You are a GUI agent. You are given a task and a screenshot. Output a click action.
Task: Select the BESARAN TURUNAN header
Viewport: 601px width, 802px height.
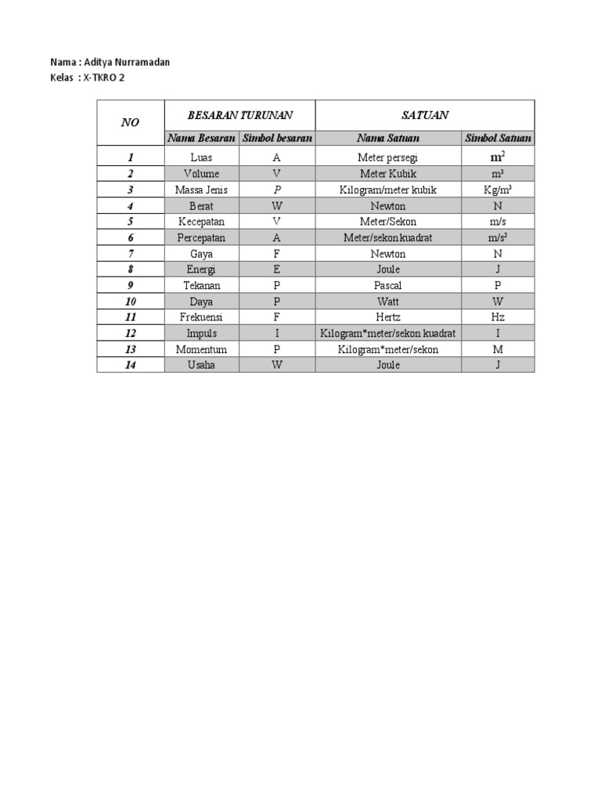tap(239, 115)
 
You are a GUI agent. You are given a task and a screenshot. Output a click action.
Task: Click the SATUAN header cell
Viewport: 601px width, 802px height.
tap(425, 115)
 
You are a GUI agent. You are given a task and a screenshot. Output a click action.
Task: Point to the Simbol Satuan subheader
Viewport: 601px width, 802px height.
tap(498, 138)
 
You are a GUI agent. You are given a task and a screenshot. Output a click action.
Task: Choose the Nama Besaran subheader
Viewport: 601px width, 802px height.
tap(201, 138)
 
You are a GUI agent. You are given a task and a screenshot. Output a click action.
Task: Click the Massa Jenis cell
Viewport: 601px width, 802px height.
tap(201, 190)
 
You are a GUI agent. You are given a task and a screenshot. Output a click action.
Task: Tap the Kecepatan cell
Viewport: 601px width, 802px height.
tap(201, 222)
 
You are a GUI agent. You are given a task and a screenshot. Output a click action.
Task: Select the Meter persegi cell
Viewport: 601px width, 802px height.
tap(388, 157)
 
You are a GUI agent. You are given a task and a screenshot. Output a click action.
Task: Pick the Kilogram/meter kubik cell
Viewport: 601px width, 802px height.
tap(388, 190)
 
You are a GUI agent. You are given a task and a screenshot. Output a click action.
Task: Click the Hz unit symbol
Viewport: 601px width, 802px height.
tap(498, 317)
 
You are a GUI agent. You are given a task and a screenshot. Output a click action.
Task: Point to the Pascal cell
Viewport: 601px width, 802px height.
tap(388, 285)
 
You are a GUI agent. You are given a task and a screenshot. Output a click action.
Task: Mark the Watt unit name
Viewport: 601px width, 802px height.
tap(388, 302)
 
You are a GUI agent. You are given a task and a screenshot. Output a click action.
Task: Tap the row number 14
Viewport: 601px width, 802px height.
tap(130, 365)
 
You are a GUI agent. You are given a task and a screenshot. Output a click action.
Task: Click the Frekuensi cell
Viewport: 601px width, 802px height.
tap(201, 317)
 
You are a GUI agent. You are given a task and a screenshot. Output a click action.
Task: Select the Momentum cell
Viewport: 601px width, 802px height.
tap(201, 349)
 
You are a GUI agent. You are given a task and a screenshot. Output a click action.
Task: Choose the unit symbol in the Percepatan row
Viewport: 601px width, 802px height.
tap(498, 237)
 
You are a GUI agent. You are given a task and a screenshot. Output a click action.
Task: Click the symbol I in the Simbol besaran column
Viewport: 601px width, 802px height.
tap(276, 333)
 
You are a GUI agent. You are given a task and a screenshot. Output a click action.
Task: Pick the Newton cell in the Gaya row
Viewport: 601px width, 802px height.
tap(388, 254)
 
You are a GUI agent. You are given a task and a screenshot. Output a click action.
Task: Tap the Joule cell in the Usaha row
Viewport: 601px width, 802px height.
tap(388, 365)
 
